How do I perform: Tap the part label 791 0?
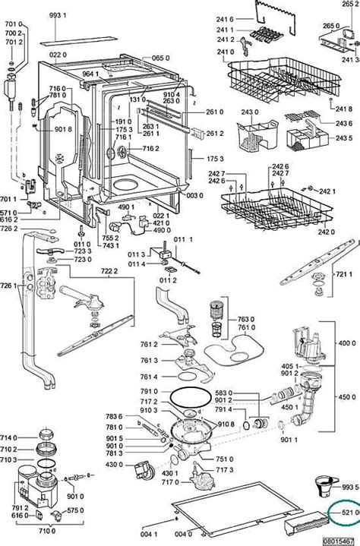pos(150,392)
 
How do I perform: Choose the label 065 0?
pos(159,58)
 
